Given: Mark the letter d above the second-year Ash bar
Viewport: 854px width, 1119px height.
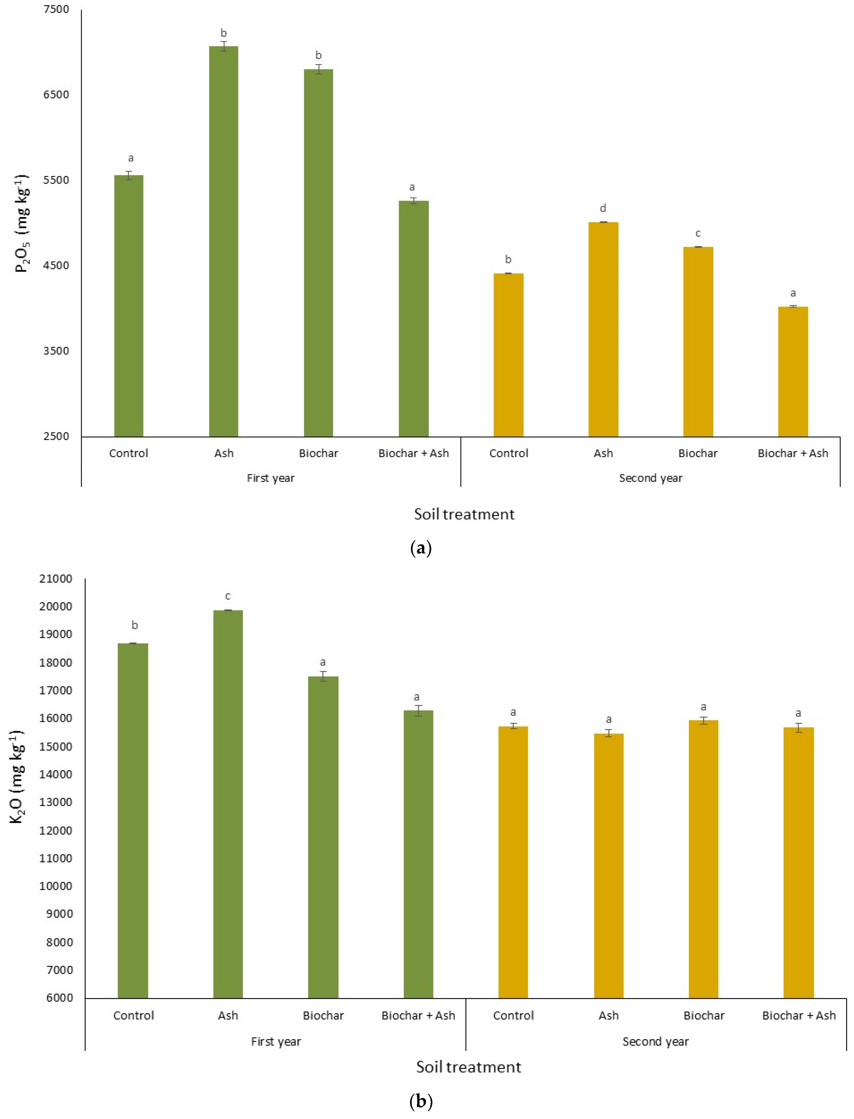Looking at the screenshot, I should click(x=603, y=208).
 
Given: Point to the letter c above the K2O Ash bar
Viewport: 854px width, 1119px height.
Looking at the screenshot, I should click(x=228, y=596).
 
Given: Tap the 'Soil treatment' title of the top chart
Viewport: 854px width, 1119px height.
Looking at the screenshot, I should click(x=464, y=514).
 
